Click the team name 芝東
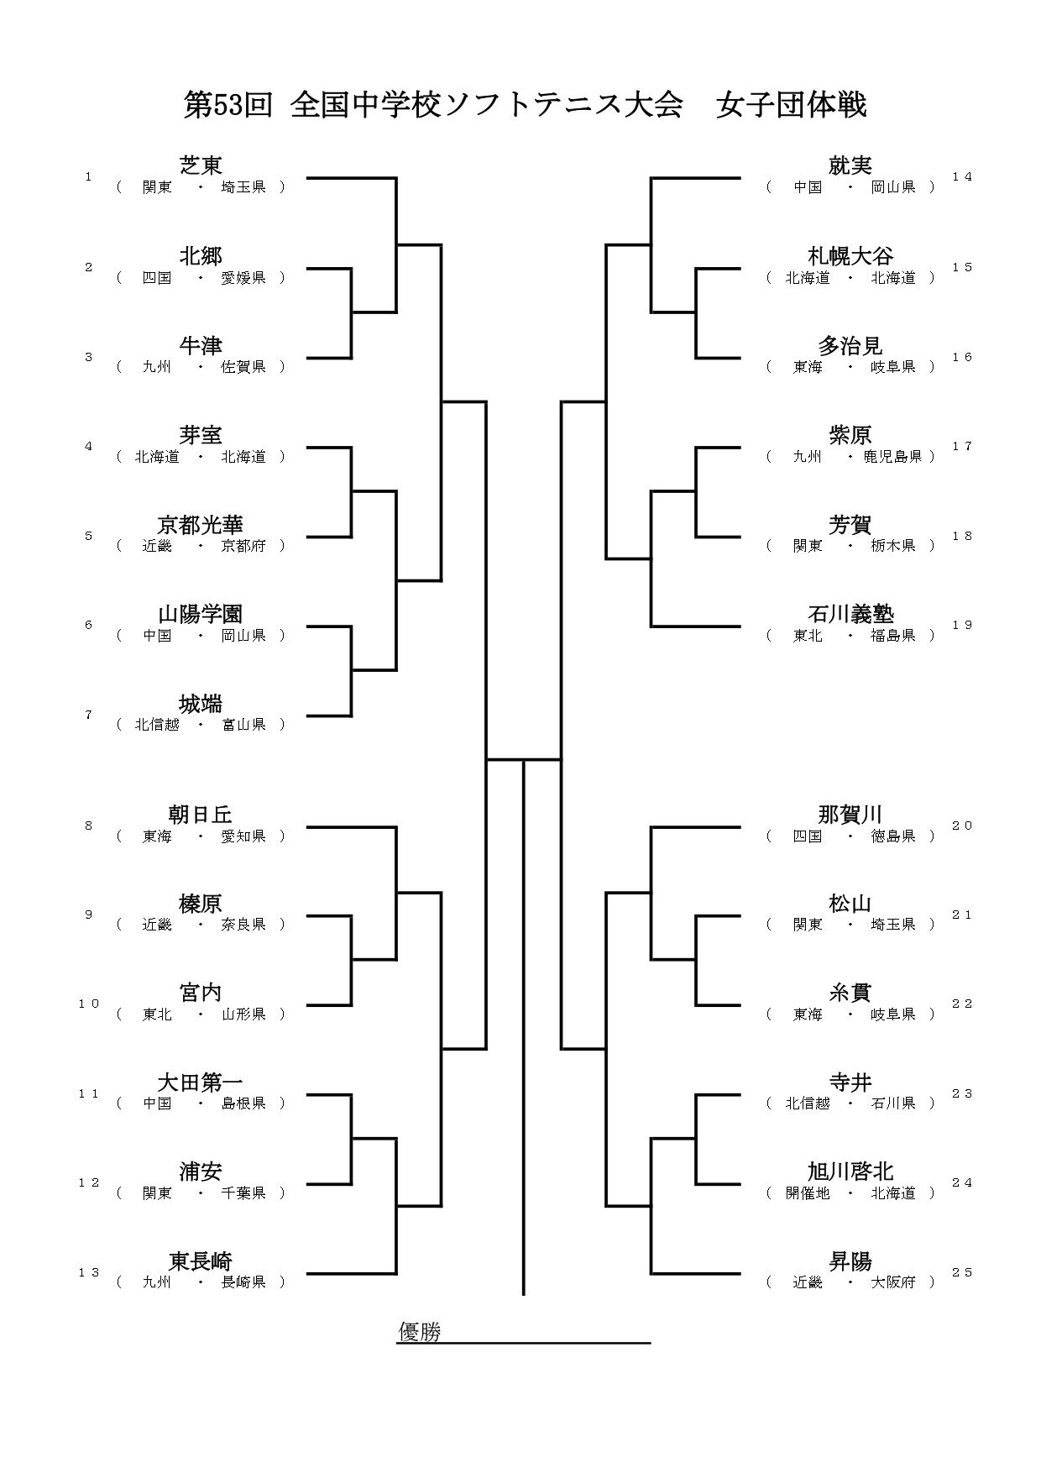201,165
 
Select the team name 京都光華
201,525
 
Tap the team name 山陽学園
201,614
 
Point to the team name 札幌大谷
850,255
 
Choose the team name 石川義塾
850,614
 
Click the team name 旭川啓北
850,1171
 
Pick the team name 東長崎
201,1261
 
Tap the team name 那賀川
850,814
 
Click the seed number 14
962,176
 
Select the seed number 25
962,1272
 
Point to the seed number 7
88,716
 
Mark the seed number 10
89,1004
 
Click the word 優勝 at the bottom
419,1332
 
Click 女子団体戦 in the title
791,105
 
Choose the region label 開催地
808,1193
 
